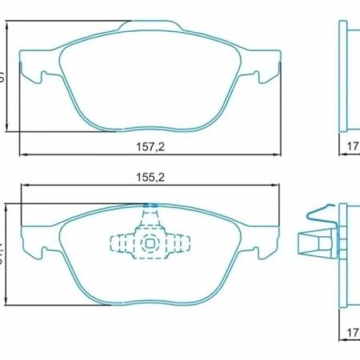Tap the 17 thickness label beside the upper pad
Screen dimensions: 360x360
tap(351, 146)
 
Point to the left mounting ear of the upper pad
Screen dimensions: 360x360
tap(30, 78)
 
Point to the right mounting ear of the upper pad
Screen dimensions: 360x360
tap(272, 78)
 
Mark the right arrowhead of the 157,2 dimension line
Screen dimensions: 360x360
tap(278, 154)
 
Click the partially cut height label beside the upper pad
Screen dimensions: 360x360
tap(3, 76)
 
